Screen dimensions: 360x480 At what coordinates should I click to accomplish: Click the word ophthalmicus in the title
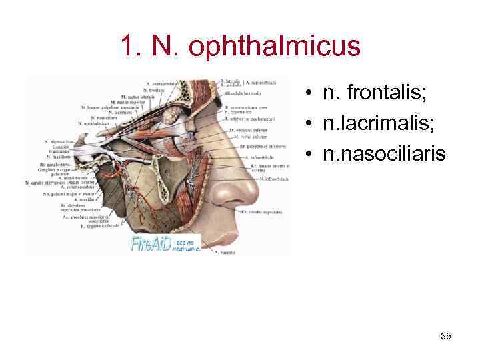click(x=275, y=47)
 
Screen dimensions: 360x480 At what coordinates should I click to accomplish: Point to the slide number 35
click(x=446, y=336)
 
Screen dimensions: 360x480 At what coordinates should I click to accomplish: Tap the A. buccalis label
click(x=225, y=252)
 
